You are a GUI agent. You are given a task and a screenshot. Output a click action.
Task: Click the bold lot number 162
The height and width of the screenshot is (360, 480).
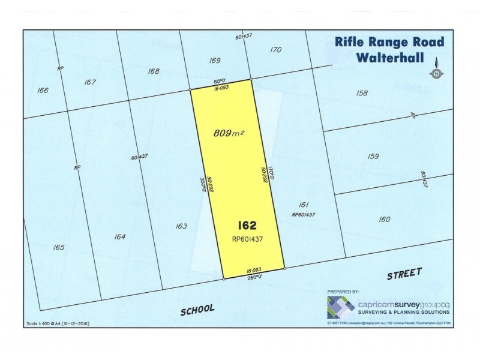point(247,226)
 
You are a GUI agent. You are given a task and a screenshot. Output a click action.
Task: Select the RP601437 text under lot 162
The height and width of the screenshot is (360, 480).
point(248,238)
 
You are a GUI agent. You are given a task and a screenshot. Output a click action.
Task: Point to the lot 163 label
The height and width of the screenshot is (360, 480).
point(181,226)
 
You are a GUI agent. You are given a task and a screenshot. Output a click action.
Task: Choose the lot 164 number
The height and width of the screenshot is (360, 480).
point(119,237)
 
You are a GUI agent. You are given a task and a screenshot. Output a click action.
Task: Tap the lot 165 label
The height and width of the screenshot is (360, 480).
point(59,247)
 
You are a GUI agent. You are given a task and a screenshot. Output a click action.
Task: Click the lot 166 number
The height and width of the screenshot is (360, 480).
point(42,91)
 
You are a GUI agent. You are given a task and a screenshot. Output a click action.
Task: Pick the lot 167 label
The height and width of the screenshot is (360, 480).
point(91,82)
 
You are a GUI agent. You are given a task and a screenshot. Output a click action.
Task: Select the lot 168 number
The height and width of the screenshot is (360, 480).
point(153,71)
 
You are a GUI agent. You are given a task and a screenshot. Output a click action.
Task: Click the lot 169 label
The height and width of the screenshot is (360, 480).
point(214,61)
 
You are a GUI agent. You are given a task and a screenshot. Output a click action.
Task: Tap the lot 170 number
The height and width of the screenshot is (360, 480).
point(275,50)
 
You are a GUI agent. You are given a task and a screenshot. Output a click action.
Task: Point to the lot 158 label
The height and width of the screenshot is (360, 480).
point(361,93)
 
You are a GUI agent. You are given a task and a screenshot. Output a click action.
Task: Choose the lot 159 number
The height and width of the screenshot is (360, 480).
point(373,157)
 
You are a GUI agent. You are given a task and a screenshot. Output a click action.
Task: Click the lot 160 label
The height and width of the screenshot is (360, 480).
point(385,219)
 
